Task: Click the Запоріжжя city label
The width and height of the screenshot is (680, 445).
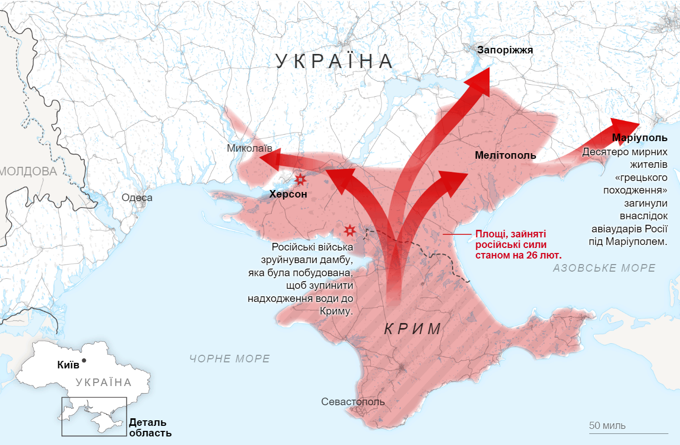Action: click(x=505, y=50)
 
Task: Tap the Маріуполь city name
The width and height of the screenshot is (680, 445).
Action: click(x=640, y=138)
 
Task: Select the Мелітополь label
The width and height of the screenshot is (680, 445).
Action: click(x=505, y=155)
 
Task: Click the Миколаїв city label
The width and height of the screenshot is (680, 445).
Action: click(x=250, y=148)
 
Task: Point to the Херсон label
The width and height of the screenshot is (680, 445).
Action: click(x=288, y=194)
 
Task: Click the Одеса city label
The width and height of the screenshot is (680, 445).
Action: click(x=137, y=198)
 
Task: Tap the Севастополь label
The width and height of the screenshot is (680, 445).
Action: click(x=353, y=402)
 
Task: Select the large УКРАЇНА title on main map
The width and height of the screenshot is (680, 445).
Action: click(x=335, y=61)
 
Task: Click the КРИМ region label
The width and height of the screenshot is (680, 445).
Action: click(x=413, y=329)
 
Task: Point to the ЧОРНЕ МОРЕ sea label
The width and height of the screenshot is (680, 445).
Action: click(x=230, y=359)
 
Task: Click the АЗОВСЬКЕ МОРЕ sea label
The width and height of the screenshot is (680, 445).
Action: click(x=604, y=268)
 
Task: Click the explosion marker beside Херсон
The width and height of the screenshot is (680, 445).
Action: click(x=300, y=179)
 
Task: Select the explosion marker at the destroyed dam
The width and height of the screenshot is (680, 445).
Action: click(x=349, y=230)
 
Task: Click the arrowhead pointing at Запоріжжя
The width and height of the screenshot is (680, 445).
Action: click(x=479, y=81)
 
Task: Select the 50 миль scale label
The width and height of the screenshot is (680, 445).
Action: click(x=607, y=425)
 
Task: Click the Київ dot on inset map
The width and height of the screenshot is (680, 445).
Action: click(x=84, y=360)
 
